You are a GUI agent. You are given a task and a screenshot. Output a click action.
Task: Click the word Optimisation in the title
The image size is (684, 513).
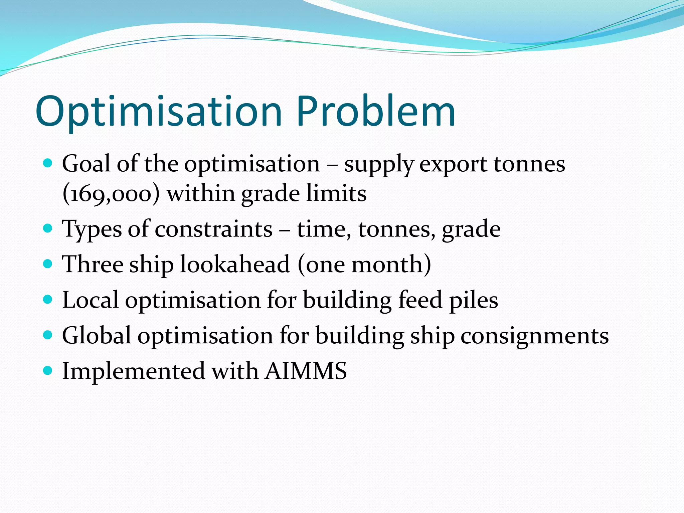(x=159, y=112)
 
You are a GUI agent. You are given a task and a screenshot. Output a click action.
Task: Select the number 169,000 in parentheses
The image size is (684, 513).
(x=111, y=194)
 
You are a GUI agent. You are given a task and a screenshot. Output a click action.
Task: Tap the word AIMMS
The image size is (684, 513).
(x=306, y=371)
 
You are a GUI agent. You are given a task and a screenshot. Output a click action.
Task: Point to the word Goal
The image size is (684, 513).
(x=86, y=164)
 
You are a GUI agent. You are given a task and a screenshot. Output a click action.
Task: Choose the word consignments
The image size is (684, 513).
(x=534, y=336)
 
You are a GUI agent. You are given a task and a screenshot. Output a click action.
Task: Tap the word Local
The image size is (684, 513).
(x=90, y=300)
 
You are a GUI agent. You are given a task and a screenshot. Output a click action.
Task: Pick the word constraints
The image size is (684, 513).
(x=214, y=229)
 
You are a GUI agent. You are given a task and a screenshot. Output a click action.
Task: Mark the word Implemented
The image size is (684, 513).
(x=134, y=371)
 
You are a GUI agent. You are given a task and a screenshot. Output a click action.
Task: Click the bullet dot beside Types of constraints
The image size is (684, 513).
(x=48, y=228)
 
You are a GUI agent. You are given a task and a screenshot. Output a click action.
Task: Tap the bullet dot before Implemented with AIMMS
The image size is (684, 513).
(x=48, y=370)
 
